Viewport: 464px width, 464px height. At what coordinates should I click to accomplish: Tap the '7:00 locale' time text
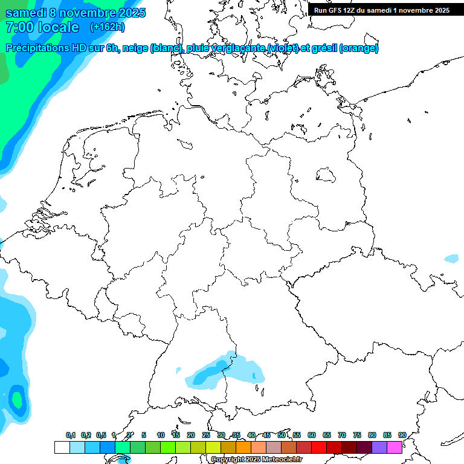click(42, 27)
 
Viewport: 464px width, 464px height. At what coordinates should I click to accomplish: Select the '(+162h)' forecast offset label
click(107, 27)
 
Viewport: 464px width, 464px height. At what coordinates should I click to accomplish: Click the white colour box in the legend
click(62, 448)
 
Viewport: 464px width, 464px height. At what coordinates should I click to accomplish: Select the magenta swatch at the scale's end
click(395, 448)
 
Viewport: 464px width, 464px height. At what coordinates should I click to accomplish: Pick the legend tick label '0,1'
click(70, 436)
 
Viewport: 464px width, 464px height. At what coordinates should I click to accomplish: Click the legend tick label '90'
click(402, 436)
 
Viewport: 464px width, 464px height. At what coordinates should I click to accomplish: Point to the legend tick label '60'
click(312, 436)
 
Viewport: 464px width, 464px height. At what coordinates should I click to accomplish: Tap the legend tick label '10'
click(160, 436)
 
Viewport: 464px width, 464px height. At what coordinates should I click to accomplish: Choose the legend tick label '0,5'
click(101, 436)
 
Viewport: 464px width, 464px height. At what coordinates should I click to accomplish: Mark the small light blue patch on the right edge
click(451, 259)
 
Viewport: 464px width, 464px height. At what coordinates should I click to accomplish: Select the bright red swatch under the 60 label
click(318, 448)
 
